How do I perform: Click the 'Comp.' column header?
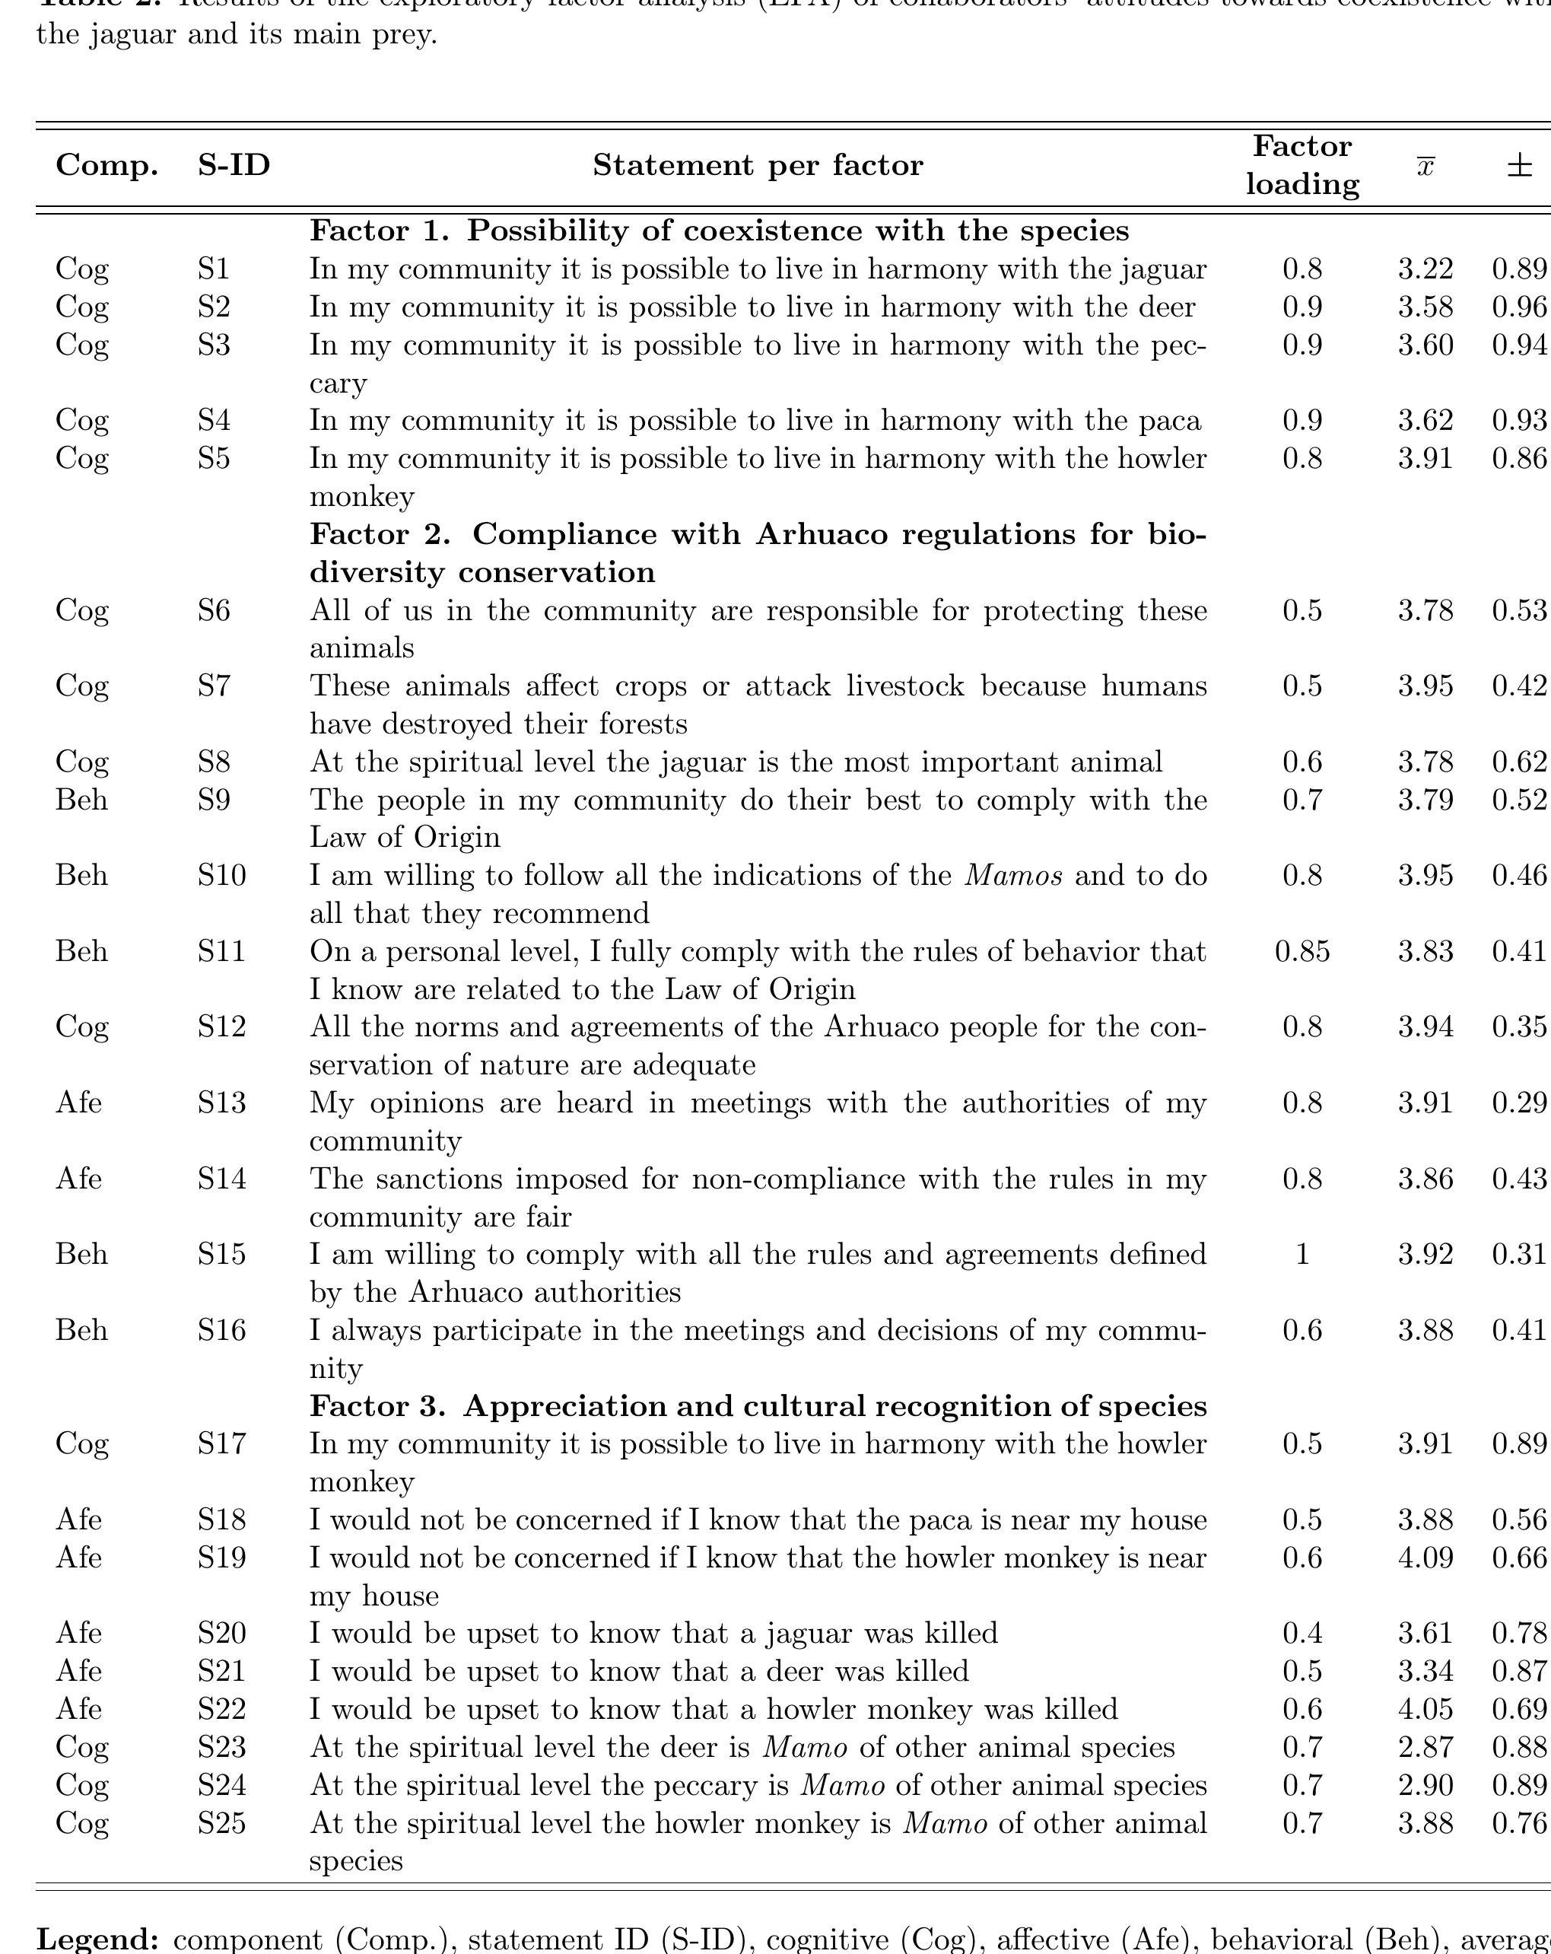107,165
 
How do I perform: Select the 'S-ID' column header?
234,165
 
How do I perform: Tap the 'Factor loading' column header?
1302,165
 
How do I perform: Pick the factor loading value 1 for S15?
1302,1253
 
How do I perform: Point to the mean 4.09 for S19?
1425,1557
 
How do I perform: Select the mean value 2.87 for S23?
1425,1746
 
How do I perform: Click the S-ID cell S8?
214,762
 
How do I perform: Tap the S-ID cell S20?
222,1632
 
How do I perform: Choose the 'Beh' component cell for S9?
81,800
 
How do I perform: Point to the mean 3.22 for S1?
1425,269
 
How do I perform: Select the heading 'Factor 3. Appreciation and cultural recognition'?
758,1405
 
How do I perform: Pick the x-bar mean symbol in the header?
1425,167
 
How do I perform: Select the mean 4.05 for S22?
1425,1708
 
